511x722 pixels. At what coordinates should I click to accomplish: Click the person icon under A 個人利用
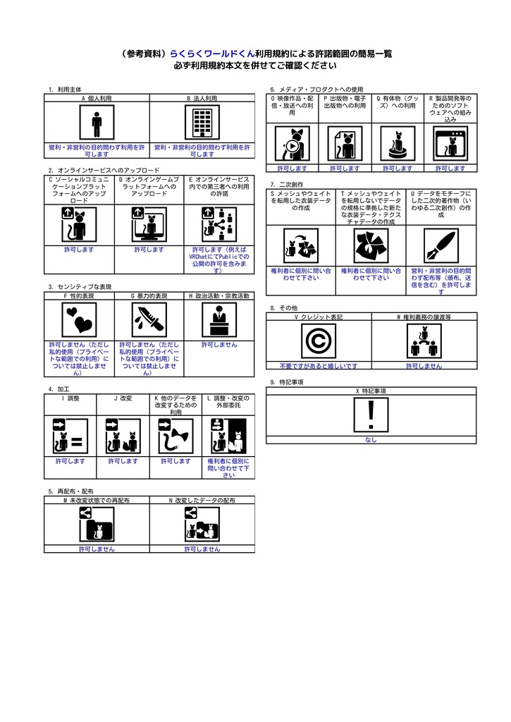pyautogui.click(x=97, y=122)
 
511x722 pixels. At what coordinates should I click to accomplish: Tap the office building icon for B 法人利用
pyautogui.click(x=202, y=122)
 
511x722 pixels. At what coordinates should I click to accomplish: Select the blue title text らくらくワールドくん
pyautogui.click(x=212, y=54)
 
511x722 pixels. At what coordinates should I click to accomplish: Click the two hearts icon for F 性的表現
pyautogui.click(x=79, y=319)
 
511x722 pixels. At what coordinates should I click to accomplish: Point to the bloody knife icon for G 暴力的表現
pyautogui.click(x=149, y=319)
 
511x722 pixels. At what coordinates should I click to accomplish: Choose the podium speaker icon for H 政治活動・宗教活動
pyautogui.click(x=219, y=319)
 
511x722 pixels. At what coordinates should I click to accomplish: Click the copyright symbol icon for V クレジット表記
pyautogui.click(x=319, y=341)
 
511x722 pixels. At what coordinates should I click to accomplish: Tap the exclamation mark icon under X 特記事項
pyautogui.click(x=371, y=415)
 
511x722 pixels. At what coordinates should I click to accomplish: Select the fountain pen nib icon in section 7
pyautogui.click(x=441, y=246)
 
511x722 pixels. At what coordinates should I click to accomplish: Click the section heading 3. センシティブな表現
pyautogui.click(x=80, y=287)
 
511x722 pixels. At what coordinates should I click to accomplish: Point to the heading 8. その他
pyautogui.click(x=284, y=308)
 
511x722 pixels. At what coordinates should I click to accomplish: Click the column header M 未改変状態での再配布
pyautogui.click(x=97, y=500)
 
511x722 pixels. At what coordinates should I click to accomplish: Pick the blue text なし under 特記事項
pyautogui.click(x=371, y=440)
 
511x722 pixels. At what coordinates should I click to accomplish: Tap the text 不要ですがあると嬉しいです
pyautogui.click(x=319, y=366)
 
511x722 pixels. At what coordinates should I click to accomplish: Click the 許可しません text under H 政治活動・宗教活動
pyautogui.click(x=219, y=345)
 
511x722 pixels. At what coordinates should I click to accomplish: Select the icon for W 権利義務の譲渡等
pyautogui.click(x=424, y=341)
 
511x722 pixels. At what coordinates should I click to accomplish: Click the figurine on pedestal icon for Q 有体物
pyautogui.click(x=398, y=144)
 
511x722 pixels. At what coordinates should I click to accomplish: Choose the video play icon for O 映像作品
pyautogui.click(x=293, y=144)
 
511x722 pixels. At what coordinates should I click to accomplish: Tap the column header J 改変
pyautogui.click(x=123, y=398)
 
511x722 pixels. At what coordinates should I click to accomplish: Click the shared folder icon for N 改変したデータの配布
pyautogui.click(x=202, y=525)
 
